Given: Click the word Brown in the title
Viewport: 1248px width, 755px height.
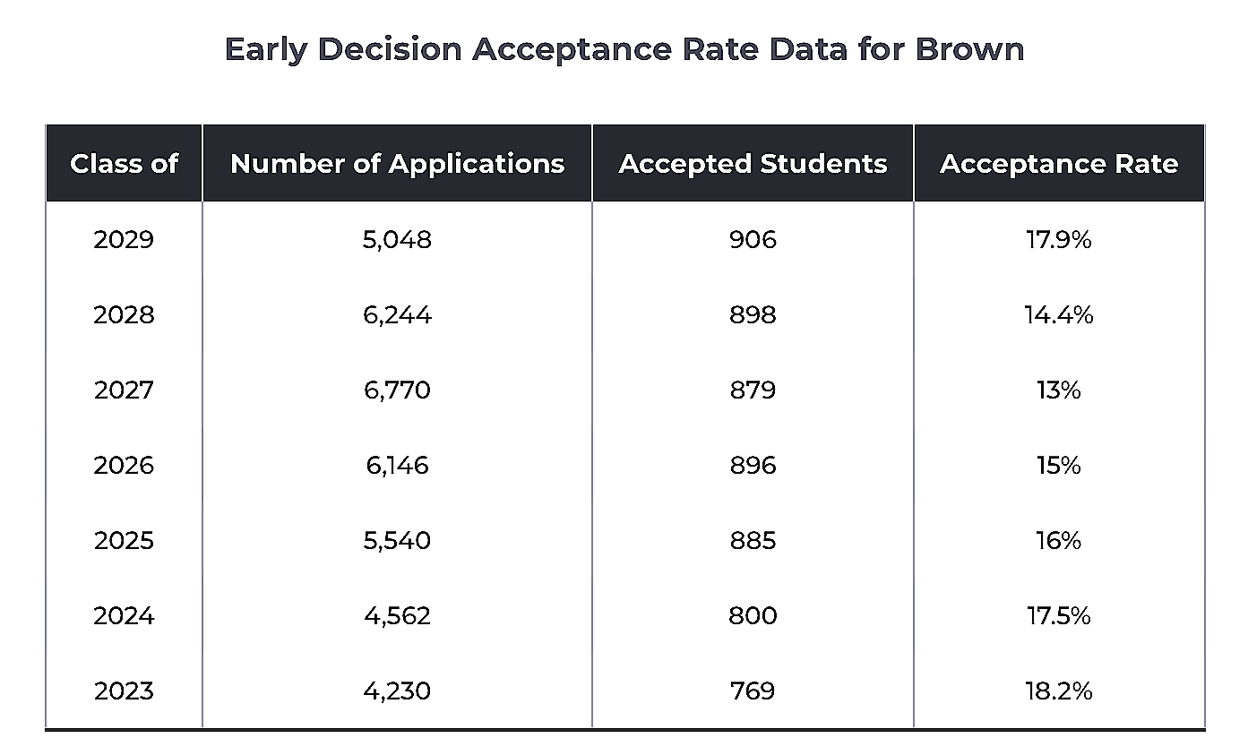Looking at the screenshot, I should click(x=969, y=48).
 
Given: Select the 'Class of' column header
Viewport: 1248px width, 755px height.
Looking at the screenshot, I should click(x=124, y=164).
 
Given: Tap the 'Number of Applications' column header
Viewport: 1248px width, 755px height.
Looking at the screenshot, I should click(x=397, y=164).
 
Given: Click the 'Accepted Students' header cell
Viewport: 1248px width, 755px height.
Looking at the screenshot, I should click(x=753, y=164).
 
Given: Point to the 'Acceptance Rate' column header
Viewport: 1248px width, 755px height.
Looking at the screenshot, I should click(x=1058, y=164).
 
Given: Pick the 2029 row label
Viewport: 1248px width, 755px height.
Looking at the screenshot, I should click(x=124, y=240).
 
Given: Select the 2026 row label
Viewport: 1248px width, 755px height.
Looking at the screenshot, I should click(x=124, y=466).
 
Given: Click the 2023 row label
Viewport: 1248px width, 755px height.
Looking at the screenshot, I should click(x=124, y=691).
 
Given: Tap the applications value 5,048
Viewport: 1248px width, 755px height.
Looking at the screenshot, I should click(x=397, y=240).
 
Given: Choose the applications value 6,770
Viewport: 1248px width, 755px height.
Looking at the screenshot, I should click(x=397, y=390).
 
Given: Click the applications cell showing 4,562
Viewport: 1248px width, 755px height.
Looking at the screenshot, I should click(x=397, y=616).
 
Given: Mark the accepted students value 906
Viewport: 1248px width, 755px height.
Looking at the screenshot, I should click(x=753, y=240).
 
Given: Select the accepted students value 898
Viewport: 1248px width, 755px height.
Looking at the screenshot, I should click(x=753, y=315).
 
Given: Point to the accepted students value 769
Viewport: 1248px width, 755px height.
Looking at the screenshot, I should click(x=753, y=691).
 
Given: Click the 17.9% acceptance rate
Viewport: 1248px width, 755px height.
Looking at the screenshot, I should click(x=1058, y=240).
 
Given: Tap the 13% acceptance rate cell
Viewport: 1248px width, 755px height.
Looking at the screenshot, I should click(x=1058, y=390).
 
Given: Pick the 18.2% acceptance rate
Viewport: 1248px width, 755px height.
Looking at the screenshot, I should click(x=1058, y=691).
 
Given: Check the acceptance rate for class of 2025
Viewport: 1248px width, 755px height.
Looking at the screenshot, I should click(x=1058, y=541).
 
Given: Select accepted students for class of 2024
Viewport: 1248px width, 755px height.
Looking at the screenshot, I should click(x=753, y=616).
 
